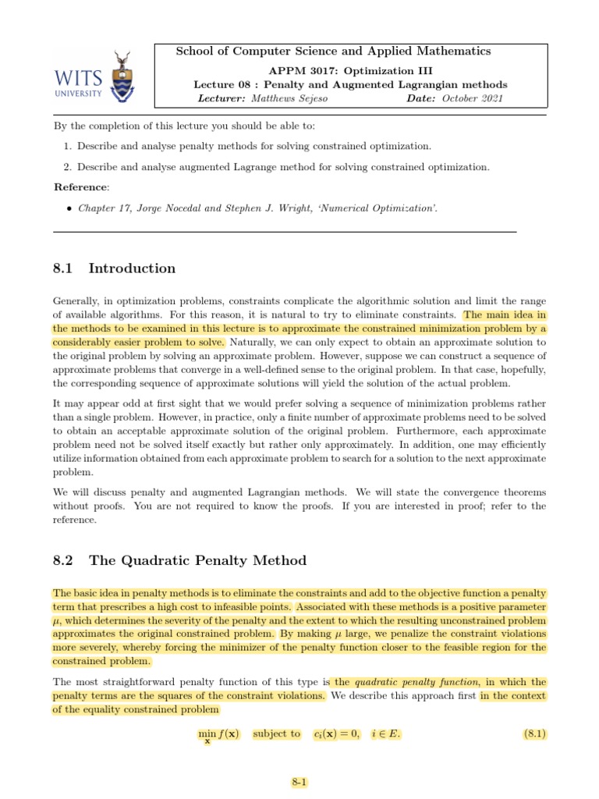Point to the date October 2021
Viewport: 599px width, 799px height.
[x=473, y=98]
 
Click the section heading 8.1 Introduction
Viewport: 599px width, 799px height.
[x=114, y=268]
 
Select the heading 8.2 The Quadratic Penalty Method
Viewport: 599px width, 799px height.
[x=179, y=560]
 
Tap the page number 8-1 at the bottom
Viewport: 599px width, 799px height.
[x=299, y=781]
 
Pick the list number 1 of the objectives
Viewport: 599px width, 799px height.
[x=68, y=146]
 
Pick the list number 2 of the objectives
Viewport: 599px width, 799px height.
[x=68, y=166]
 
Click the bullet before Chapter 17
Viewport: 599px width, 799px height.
[x=69, y=208]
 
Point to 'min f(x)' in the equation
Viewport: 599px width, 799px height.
[x=219, y=734]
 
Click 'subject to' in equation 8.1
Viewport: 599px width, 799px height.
[x=276, y=733]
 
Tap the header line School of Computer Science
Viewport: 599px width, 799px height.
[x=334, y=51]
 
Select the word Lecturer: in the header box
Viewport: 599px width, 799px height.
[x=222, y=98]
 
